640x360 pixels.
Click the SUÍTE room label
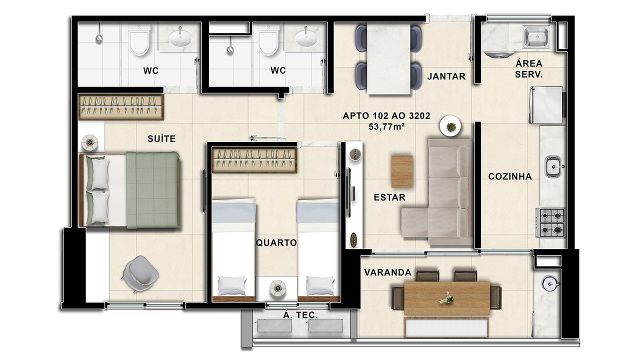161,139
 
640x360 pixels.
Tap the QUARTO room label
276,243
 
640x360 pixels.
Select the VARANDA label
387,272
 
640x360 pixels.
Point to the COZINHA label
510,176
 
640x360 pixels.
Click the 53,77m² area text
386,126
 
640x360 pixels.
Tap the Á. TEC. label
300,315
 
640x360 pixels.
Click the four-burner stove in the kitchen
550,222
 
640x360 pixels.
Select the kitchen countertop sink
553,166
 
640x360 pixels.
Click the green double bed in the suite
129,190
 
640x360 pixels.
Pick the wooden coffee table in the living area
401,171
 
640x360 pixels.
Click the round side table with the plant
450,125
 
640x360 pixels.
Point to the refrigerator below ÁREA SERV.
546,105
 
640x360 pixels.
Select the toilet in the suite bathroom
139,39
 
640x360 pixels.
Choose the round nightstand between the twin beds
277,287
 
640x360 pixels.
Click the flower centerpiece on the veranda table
446,298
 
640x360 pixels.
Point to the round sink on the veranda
549,283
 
